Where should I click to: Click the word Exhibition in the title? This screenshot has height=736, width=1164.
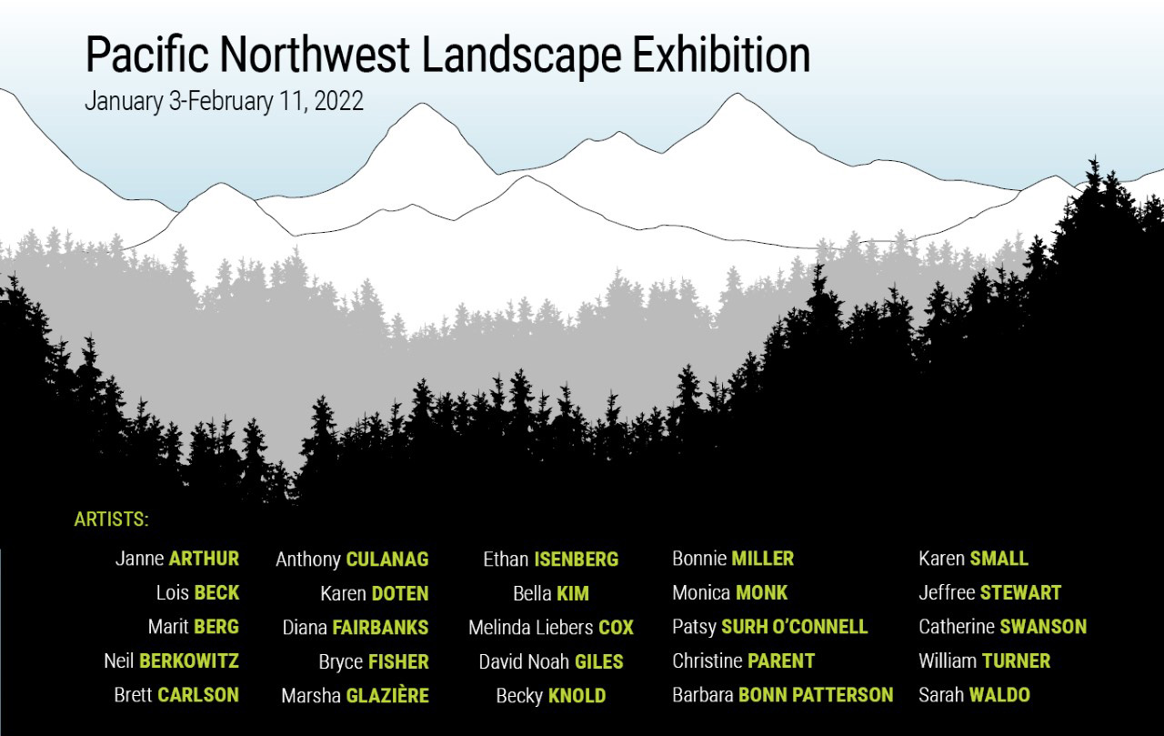(x=721, y=55)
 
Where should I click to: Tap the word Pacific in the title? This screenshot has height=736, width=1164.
(x=146, y=55)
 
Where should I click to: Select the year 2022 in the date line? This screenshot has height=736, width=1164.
(x=339, y=101)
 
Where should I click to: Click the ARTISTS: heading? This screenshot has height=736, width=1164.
(x=111, y=519)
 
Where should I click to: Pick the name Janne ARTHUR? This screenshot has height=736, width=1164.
(x=177, y=559)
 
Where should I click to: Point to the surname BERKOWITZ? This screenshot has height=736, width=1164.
(x=189, y=660)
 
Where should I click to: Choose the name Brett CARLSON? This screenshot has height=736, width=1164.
(x=176, y=695)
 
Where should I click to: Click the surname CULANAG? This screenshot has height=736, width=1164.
(x=387, y=560)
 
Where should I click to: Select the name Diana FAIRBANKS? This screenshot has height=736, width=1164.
(x=356, y=628)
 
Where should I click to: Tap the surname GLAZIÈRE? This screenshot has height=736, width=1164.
(x=387, y=695)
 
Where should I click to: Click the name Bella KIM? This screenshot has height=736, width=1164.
(x=551, y=593)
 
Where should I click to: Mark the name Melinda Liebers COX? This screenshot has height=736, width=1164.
(x=551, y=628)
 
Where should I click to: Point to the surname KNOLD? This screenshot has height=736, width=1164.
(x=577, y=695)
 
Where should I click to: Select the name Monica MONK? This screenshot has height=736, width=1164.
(x=729, y=592)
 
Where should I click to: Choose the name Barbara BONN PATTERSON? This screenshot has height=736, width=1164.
(x=783, y=694)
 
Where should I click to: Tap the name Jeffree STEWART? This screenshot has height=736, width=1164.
(x=990, y=592)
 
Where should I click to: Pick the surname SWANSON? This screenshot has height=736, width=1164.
(x=1043, y=626)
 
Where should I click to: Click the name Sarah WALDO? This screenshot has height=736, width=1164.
(x=974, y=694)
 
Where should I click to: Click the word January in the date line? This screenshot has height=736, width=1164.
(x=125, y=102)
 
